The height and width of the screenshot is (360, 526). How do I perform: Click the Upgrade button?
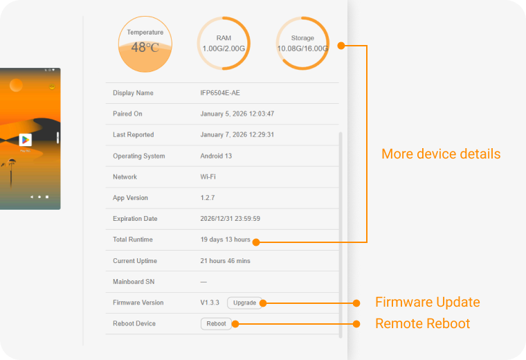point(244,303)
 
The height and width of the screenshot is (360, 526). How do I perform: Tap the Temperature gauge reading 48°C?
point(145,44)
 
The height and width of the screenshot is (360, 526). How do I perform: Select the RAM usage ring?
point(224,44)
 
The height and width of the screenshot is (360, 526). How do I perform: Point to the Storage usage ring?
point(302,44)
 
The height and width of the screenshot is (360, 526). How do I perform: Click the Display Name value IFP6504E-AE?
point(220,93)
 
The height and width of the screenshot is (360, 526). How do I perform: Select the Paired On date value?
point(237,114)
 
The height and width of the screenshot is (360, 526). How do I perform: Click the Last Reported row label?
point(134,135)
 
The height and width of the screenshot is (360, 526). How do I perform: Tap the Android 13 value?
point(216,156)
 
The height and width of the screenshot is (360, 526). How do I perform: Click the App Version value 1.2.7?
point(208,198)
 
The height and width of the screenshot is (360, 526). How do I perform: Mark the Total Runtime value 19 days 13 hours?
point(225,240)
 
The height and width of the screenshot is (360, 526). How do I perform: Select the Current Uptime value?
point(226,261)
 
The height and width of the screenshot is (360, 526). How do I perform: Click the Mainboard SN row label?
point(134,282)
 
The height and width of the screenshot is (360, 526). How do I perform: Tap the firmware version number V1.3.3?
point(210,303)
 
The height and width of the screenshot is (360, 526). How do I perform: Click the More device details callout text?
point(441,154)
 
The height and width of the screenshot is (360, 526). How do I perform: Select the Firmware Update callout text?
point(427,303)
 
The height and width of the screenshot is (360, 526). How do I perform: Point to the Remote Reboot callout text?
point(422,323)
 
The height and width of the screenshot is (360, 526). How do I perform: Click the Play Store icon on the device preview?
point(26,140)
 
